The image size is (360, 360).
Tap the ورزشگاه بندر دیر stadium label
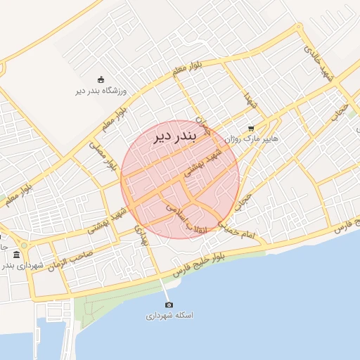(x=101, y=91)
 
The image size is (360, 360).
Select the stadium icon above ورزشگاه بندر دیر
(x=101, y=79)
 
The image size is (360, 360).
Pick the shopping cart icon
(x=251, y=129)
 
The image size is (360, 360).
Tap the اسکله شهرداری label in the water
(x=169, y=316)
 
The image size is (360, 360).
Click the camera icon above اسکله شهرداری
(x=169, y=304)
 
